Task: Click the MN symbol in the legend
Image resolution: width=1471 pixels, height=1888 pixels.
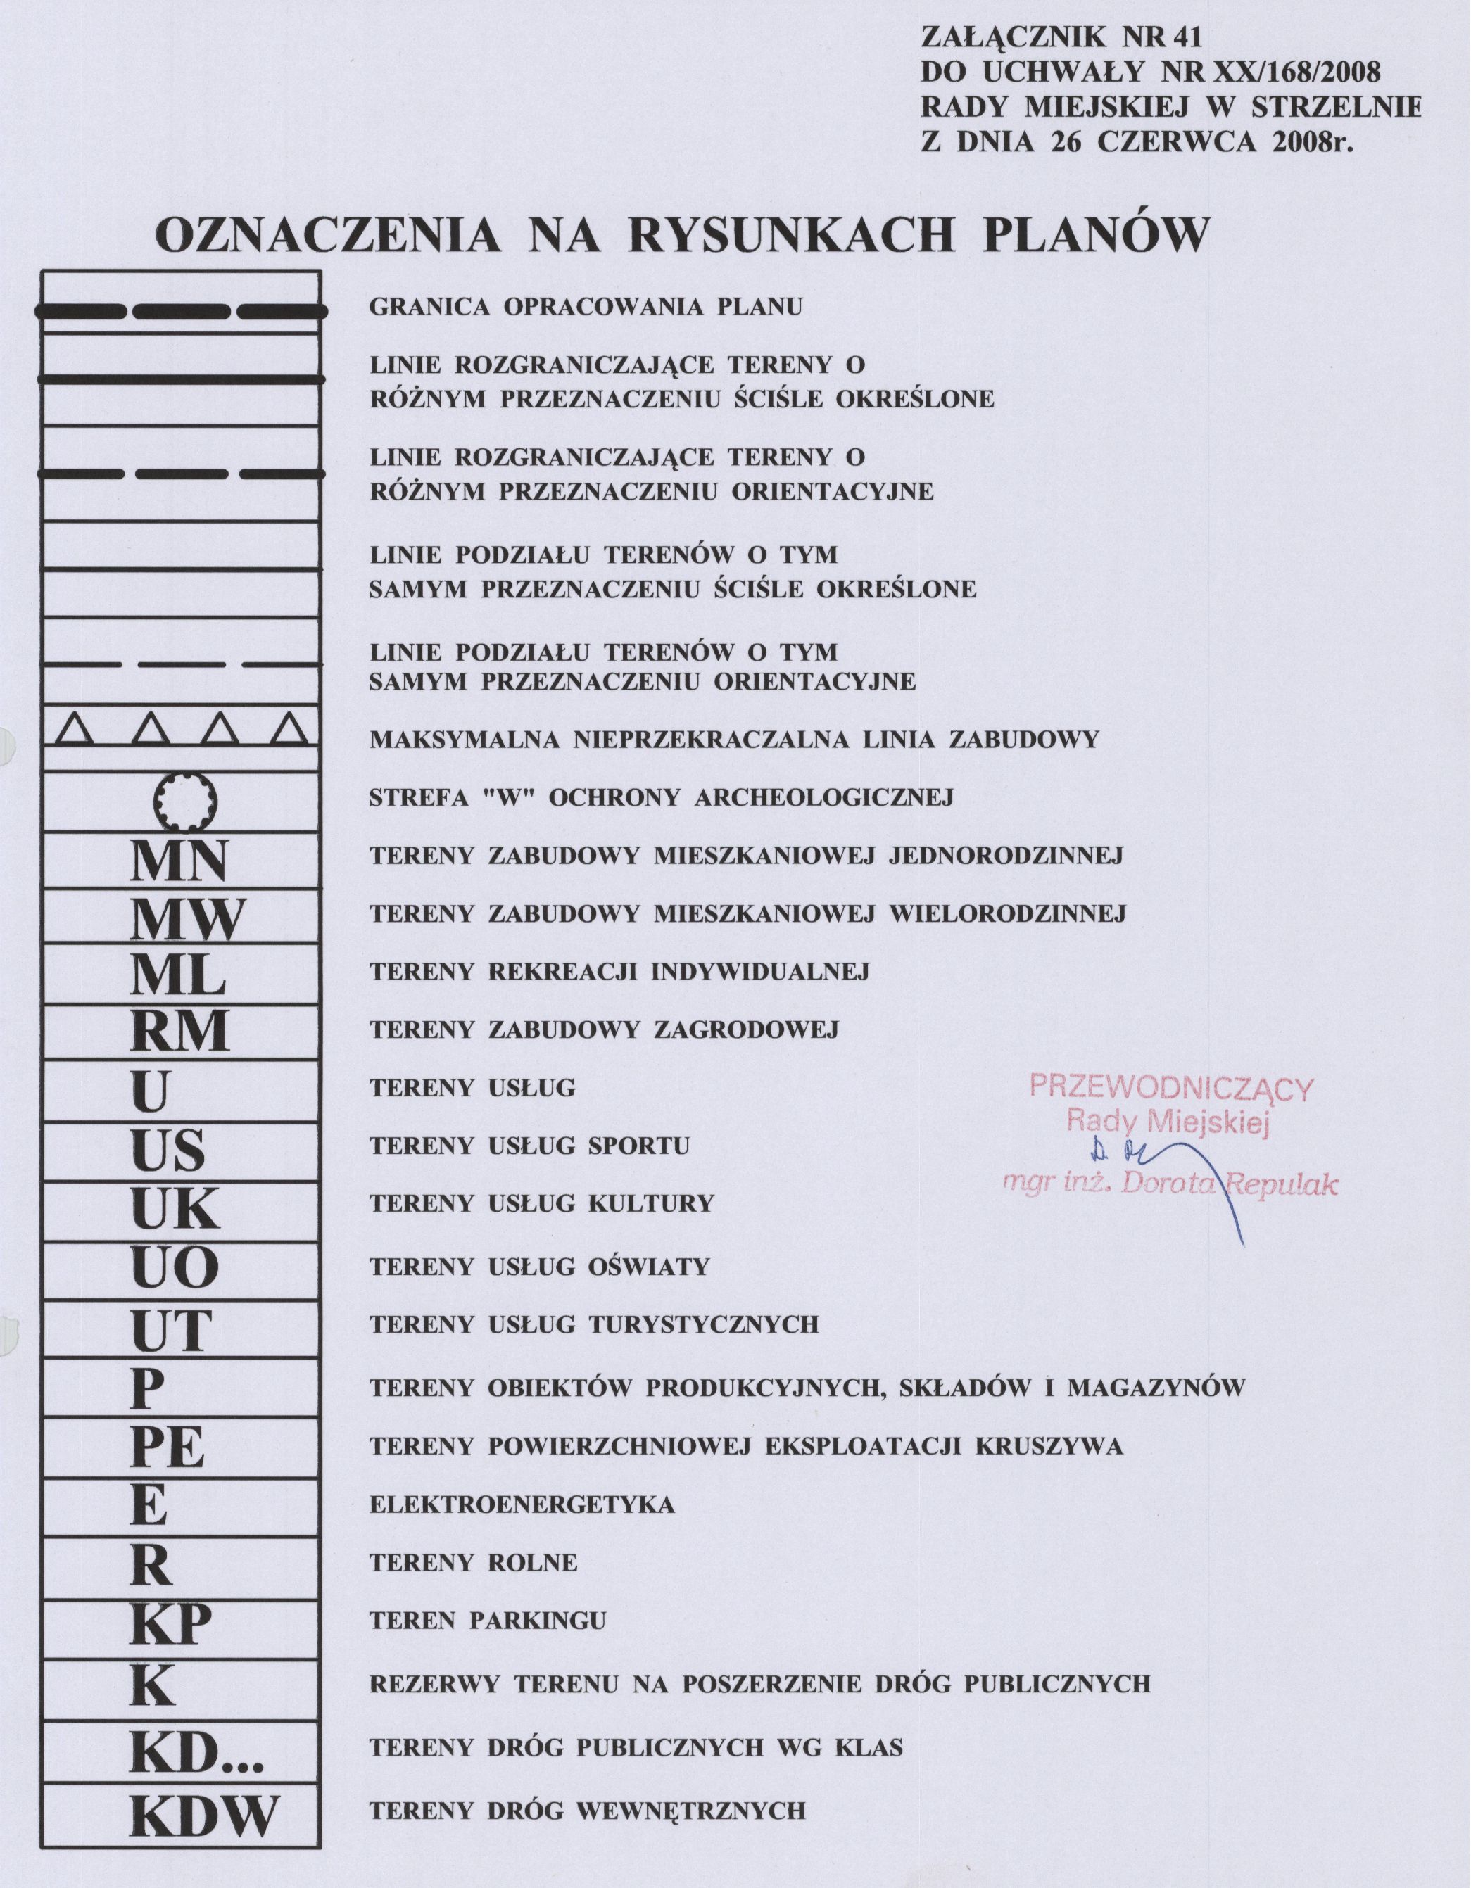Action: (x=179, y=861)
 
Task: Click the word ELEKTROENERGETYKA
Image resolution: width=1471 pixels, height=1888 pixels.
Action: (x=522, y=1505)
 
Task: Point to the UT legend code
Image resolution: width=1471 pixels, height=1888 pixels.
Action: (x=172, y=1331)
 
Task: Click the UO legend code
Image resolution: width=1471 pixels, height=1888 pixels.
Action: (x=175, y=1268)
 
